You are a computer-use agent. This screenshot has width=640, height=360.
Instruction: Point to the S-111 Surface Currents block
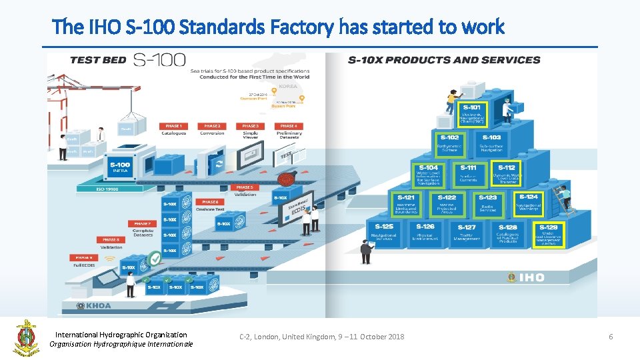468,174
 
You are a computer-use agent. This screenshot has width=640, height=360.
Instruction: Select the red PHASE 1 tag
173,126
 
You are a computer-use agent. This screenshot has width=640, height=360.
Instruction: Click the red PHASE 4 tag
289,126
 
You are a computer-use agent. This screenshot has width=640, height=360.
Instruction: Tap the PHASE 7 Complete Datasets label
143,229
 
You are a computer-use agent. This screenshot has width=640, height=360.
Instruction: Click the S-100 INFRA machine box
120,167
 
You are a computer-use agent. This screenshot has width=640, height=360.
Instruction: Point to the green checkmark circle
155,258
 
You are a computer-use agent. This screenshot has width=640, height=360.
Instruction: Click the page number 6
610,337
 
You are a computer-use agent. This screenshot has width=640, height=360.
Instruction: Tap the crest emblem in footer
26,338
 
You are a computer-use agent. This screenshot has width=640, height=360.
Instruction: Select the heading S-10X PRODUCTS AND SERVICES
444,60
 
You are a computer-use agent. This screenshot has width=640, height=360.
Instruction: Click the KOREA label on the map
288,87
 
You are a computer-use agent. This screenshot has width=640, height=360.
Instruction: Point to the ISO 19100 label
107,189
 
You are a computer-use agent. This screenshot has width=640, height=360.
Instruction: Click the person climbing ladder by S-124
565,199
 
